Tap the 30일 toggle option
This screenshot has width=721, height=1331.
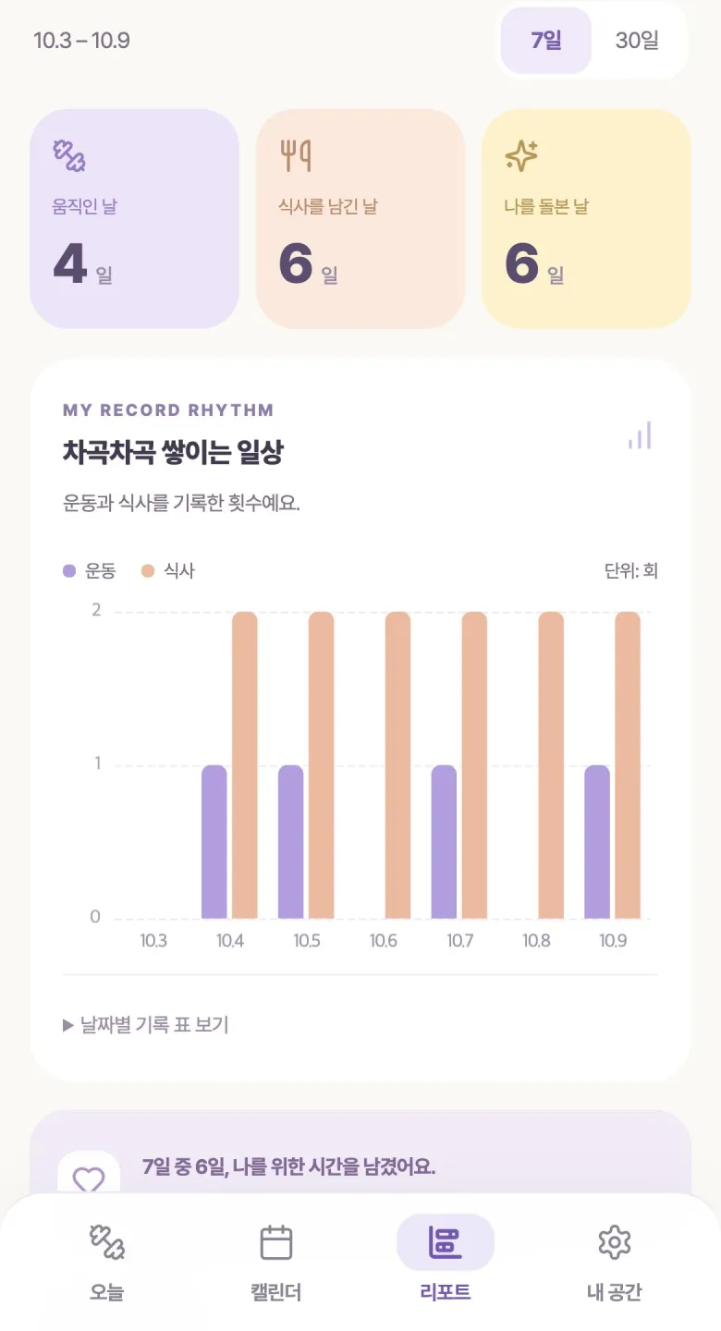coord(637,41)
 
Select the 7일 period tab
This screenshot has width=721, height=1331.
coord(545,41)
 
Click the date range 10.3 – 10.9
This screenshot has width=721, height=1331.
coord(81,41)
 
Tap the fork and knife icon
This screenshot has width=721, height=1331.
coord(296,155)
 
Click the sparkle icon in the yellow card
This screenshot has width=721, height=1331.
coord(521,155)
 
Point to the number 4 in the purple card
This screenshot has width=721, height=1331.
coord(69,263)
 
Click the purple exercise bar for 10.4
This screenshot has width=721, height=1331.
coord(214,842)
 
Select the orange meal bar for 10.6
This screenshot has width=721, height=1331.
coord(397,765)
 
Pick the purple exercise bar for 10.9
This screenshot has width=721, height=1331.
coord(597,842)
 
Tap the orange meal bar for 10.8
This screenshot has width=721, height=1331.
coord(551,765)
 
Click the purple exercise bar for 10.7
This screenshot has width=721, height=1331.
coord(444,842)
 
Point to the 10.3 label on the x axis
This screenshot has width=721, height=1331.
coord(153,941)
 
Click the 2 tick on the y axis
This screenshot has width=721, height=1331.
coord(96,610)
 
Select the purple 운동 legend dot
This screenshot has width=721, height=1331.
coord(69,571)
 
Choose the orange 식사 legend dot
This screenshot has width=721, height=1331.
coord(147,571)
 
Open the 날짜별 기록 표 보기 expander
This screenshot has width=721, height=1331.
coord(146,1025)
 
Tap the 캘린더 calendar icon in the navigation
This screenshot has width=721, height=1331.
coord(276,1242)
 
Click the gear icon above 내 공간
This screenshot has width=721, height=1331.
coord(614,1242)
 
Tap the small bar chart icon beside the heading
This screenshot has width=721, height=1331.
coord(640,435)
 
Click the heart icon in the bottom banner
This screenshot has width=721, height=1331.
coord(89,1178)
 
